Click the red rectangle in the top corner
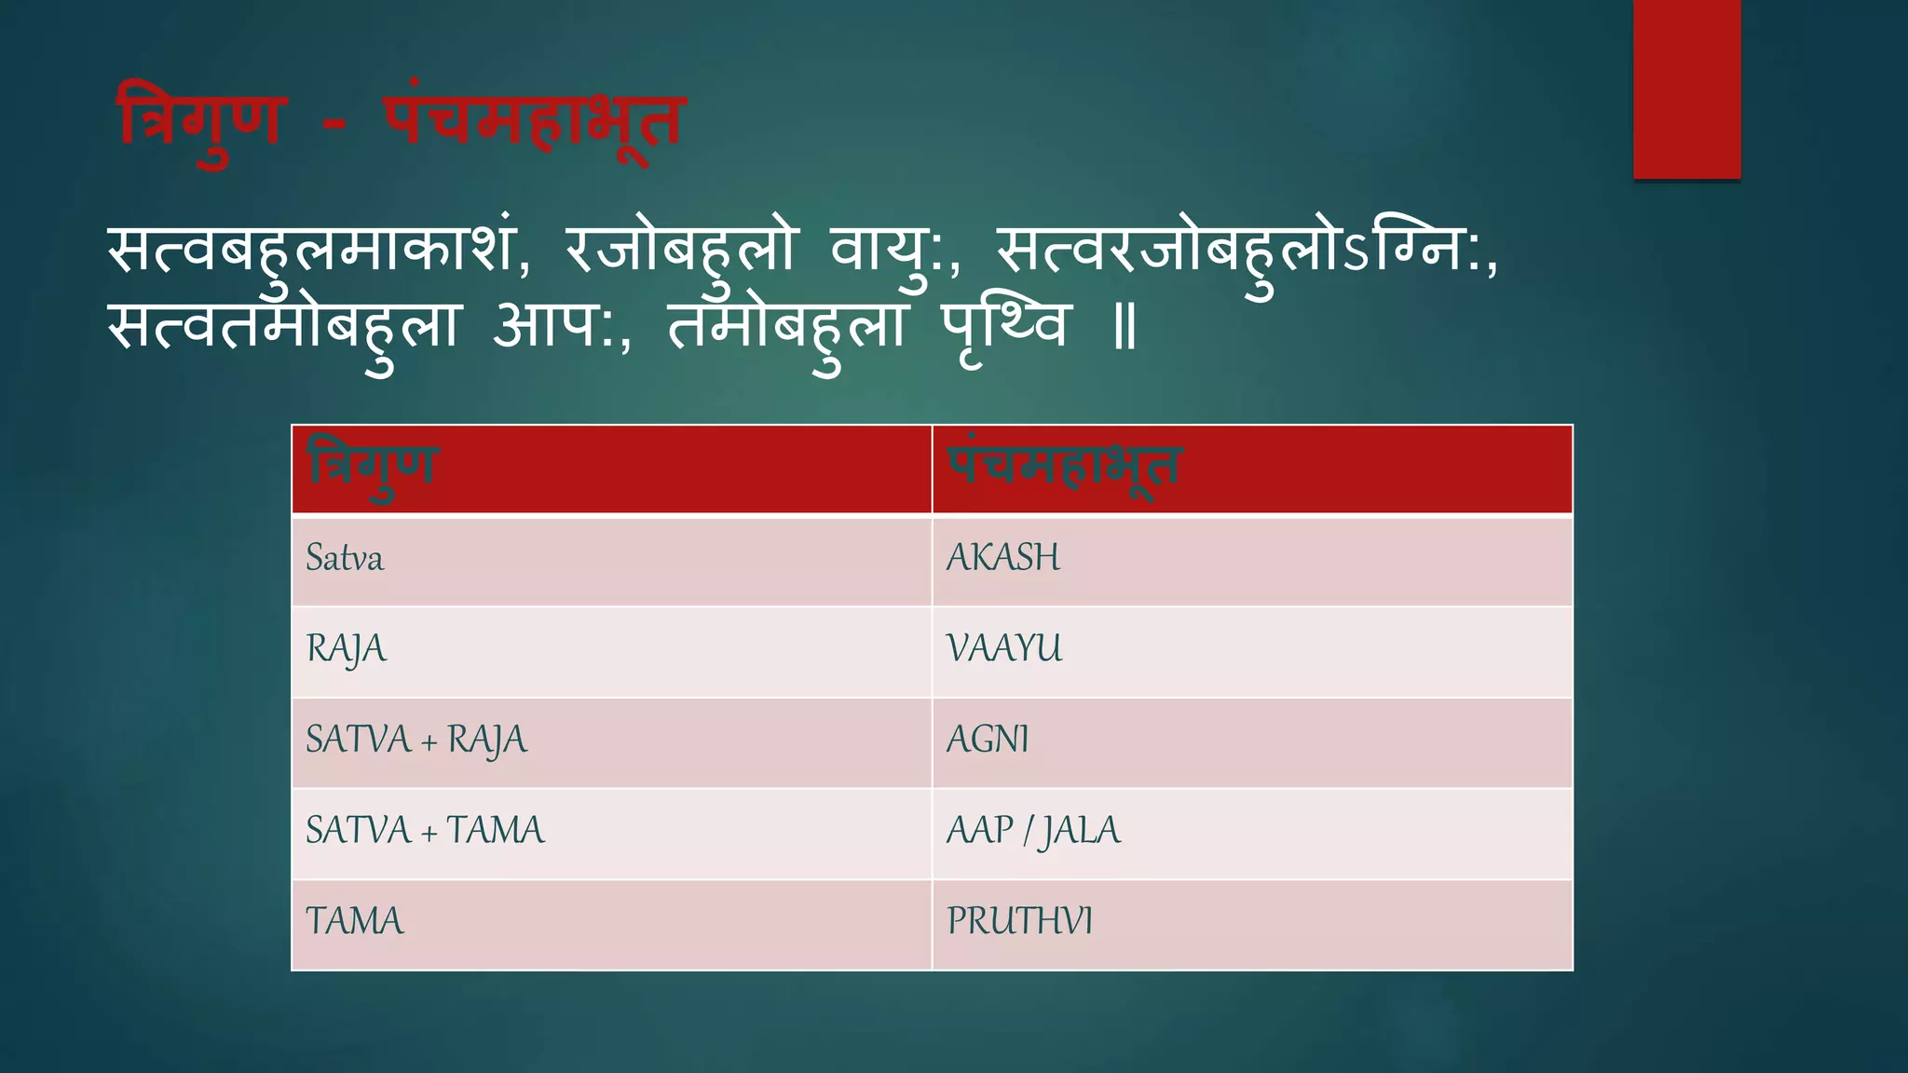pos(1686,88)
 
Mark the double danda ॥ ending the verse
pos(1125,329)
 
